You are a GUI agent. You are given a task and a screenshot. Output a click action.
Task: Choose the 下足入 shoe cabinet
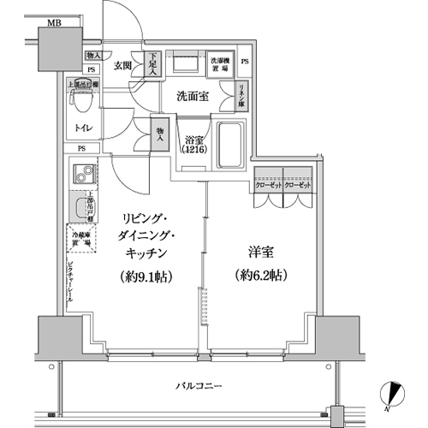click(150, 64)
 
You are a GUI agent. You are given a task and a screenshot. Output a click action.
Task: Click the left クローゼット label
click(266, 185)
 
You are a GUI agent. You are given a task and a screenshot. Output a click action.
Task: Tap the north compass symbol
click(393, 393)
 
